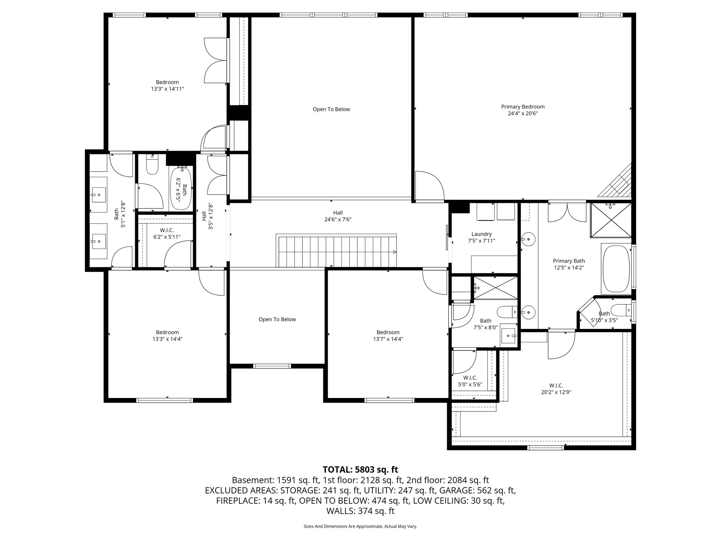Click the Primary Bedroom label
pyautogui.click(x=522, y=107)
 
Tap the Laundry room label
pyautogui.click(x=481, y=234)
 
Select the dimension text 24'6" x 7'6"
pyautogui.click(x=338, y=219)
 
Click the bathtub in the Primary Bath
pyautogui.click(x=616, y=268)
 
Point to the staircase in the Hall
pyautogui.click(x=336, y=251)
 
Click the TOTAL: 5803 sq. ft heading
pyautogui.click(x=360, y=470)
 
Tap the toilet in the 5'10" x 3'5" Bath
pyautogui.click(x=621, y=310)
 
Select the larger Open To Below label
pyautogui.click(x=331, y=109)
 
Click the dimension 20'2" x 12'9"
pyautogui.click(x=556, y=392)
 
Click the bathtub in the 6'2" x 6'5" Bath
pyautogui.click(x=181, y=188)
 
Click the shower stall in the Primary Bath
pyautogui.click(x=611, y=220)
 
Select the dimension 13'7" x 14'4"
pyautogui.click(x=388, y=339)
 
